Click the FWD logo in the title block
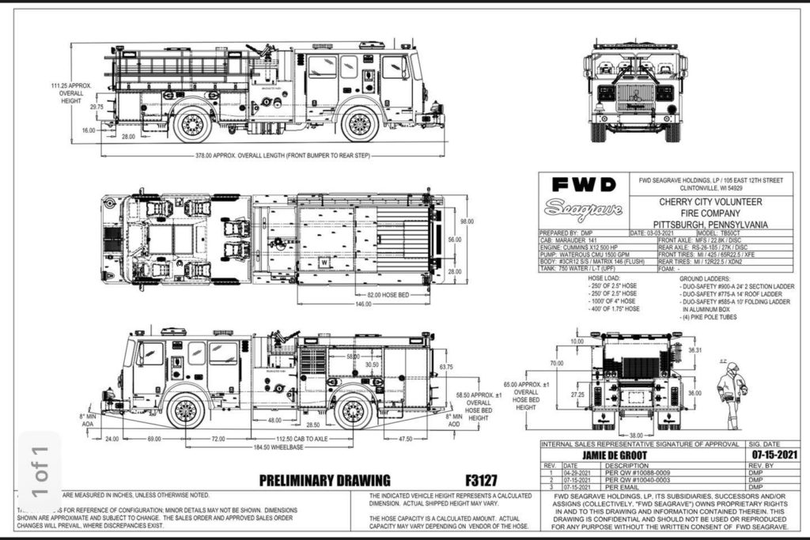583,186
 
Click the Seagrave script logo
583,211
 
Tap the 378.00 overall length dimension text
238,156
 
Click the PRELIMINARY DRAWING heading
324,480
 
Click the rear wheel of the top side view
192,124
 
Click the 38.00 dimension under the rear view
635,435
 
